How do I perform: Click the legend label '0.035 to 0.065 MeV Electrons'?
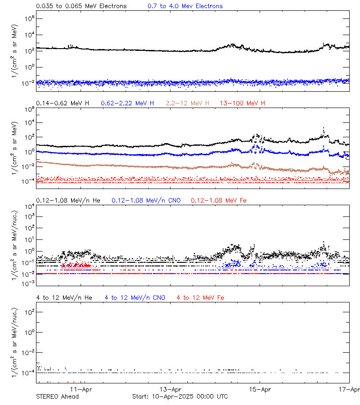coord(81,6)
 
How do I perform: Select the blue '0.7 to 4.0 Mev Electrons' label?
coord(185,6)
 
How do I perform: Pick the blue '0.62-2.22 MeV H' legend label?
coord(127,103)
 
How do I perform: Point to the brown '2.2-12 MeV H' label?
coord(188,103)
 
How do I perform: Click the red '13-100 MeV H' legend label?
coord(243,103)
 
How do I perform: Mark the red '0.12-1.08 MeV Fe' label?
coord(219,200)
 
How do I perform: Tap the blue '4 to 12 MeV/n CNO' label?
coord(135,297)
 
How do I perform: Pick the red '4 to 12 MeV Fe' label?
coord(200,297)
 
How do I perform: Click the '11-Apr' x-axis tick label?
coord(81,390)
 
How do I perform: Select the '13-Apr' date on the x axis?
coord(171,390)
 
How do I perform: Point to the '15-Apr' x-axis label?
coord(260,390)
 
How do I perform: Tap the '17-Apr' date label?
coord(350,390)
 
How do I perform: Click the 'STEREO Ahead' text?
coord(57,396)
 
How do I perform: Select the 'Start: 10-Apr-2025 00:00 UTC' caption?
coord(180,396)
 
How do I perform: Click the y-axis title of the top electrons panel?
coord(15,50)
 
